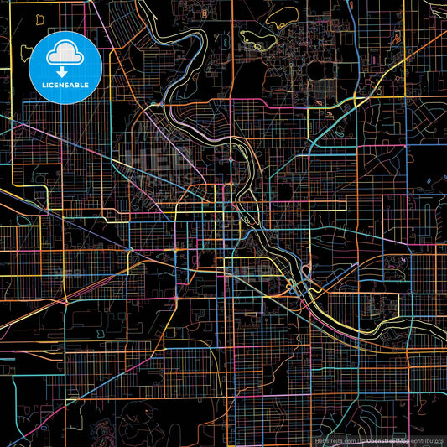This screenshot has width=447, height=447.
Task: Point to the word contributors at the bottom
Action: [428, 439]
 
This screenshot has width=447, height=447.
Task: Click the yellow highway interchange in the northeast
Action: [356, 101]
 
